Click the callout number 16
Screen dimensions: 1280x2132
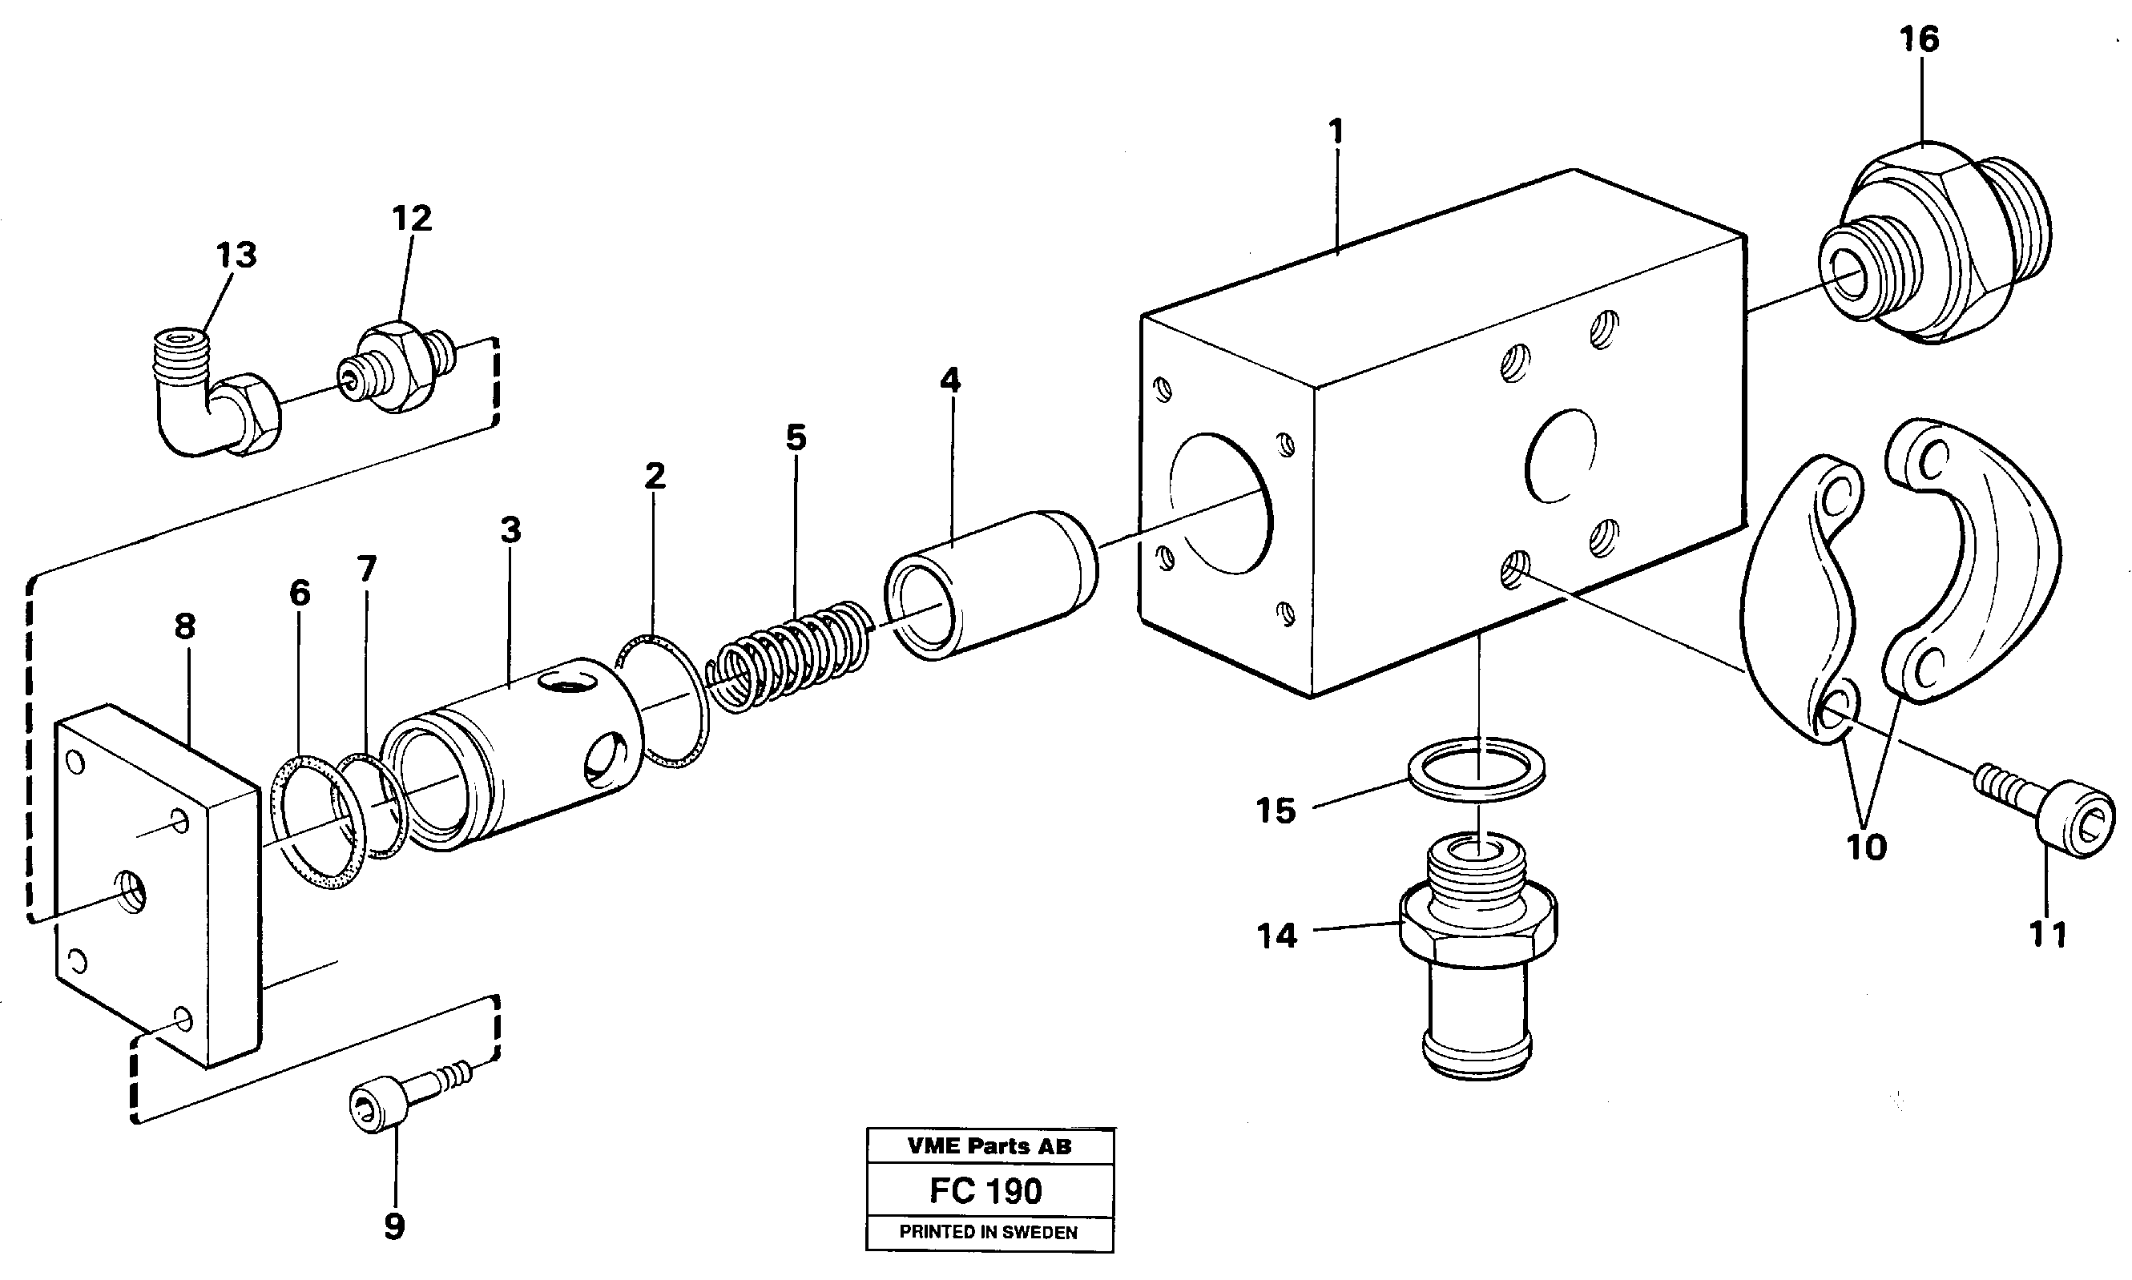[x=1919, y=40]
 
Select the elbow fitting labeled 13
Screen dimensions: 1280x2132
[x=216, y=396]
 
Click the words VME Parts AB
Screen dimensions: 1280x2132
[x=989, y=1146]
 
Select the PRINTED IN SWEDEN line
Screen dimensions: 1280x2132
[x=988, y=1232]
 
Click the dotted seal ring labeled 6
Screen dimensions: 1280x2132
[x=311, y=821]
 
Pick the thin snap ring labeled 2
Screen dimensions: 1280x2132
[x=664, y=698]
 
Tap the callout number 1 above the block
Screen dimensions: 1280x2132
[x=1336, y=132]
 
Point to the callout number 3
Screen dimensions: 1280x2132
[x=511, y=530]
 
